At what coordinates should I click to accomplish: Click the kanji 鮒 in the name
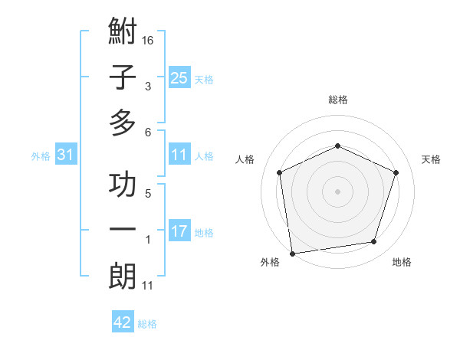123,34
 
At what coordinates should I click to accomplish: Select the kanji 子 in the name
123,78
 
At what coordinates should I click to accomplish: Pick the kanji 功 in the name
123,186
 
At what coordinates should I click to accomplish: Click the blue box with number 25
179,78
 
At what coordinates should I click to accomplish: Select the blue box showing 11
179,155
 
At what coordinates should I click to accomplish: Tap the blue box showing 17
179,231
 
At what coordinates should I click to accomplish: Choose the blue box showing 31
66,155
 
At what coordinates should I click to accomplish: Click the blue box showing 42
123,322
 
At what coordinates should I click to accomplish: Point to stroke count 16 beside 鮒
149,40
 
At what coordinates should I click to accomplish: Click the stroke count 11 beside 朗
148,286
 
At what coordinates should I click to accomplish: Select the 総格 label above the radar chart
338,100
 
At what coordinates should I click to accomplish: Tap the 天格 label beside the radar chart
432,159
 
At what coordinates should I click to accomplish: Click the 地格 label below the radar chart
402,262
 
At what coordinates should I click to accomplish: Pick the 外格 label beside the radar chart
270,262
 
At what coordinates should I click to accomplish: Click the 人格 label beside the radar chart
245,159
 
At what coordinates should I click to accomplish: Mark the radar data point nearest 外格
292,253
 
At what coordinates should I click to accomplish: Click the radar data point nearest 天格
396,172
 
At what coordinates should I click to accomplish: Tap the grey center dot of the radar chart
338,191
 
